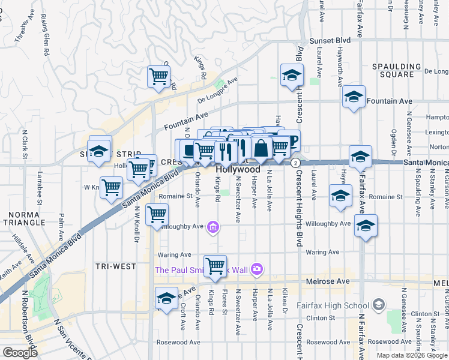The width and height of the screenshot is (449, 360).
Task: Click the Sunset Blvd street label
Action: [x=330, y=41]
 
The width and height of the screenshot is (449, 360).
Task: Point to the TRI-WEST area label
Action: [x=115, y=266]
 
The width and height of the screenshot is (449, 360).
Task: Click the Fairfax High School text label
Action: [x=337, y=305]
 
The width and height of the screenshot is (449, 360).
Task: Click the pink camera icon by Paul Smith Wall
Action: [x=258, y=269]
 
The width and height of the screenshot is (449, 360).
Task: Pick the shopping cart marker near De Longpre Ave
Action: [x=158, y=76]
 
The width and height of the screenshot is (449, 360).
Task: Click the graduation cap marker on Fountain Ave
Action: [x=354, y=97]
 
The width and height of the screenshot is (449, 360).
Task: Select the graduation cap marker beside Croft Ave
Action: [x=166, y=298]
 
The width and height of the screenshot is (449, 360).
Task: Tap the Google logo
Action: [x=19, y=352]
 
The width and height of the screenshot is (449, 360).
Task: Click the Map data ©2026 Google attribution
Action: [x=411, y=355]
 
